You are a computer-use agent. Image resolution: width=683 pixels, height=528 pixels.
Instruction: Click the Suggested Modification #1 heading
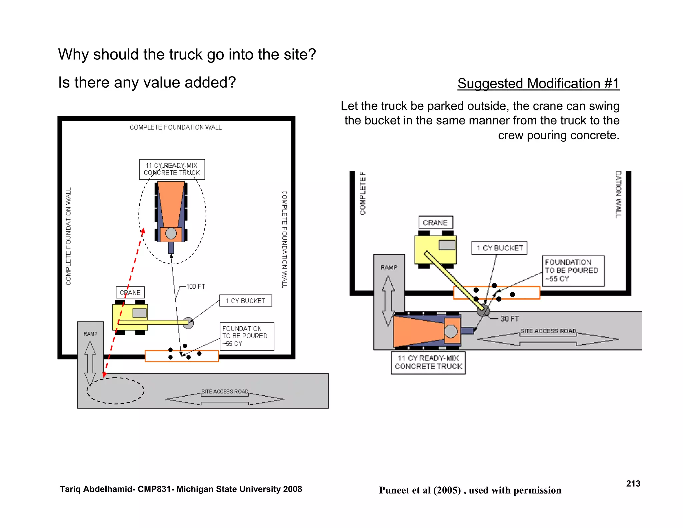point(538,83)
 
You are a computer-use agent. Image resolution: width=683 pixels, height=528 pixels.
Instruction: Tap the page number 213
point(633,484)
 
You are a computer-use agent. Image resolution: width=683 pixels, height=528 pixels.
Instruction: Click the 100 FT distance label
point(196,286)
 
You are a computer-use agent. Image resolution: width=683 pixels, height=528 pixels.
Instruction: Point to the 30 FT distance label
point(509,319)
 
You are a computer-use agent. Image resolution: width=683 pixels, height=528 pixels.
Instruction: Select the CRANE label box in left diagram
point(130,292)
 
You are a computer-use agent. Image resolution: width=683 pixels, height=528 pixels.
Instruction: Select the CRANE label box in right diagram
point(435,223)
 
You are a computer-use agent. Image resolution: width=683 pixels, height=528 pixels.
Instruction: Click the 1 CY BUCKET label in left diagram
point(245,301)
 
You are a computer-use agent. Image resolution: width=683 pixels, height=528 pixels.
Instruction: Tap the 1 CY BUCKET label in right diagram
point(499,248)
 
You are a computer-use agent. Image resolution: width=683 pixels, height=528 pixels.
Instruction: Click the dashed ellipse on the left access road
point(115,391)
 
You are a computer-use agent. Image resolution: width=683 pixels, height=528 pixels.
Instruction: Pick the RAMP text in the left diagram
point(90,334)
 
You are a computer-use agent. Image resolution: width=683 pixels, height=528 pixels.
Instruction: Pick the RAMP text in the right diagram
point(389,267)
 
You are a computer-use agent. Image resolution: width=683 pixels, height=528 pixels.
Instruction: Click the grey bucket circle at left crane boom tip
point(188,323)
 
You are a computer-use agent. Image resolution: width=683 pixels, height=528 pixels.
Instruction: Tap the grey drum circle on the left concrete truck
point(171,233)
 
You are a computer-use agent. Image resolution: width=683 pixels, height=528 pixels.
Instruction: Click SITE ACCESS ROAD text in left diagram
point(225,391)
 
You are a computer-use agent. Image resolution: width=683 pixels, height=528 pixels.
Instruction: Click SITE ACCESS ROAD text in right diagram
point(548,331)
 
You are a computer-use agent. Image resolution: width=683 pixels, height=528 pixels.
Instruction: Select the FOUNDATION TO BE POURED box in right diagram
point(573,271)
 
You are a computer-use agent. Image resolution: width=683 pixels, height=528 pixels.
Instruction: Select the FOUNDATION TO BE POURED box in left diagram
point(247,336)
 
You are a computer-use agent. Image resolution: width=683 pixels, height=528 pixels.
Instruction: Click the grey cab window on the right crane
point(447,245)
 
